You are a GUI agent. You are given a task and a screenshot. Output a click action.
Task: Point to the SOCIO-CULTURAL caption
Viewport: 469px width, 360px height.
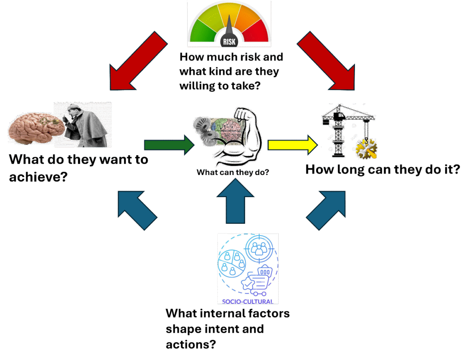point(247,301)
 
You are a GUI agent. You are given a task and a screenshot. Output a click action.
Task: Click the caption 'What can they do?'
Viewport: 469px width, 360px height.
point(233,172)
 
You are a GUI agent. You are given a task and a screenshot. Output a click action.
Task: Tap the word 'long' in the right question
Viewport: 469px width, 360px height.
point(349,169)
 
